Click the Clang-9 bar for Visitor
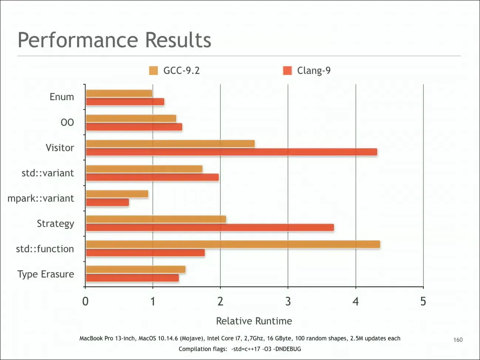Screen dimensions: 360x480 (x=231, y=152)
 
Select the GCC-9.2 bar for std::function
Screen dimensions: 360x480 (x=233, y=244)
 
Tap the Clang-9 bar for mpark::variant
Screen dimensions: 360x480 (x=108, y=203)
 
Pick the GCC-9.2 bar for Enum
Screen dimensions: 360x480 (x=119, y=93)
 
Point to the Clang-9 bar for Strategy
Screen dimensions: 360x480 (x=210, y=227)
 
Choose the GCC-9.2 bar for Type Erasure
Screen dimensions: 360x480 (x=136, y=269)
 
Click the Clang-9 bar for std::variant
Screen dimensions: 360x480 (x=152, y=177)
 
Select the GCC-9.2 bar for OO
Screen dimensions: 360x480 (x=131, y=119)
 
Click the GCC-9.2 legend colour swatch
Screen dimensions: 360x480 (x=153, y=71)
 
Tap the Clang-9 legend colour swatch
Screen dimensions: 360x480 (x=287, y=71)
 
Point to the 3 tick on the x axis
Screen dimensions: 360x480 (x=288, y=301)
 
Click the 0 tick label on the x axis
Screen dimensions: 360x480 (x=85, y=301)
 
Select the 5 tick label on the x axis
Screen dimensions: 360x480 (x=423, y=301)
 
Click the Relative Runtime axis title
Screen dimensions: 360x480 (x=254, y=321)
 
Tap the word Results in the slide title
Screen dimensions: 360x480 (x=178, y=40)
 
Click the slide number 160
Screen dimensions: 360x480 (x=458, y=340)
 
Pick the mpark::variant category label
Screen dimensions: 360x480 (x=41, y=198)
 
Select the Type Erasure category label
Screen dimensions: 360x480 (x=46, y=274)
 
